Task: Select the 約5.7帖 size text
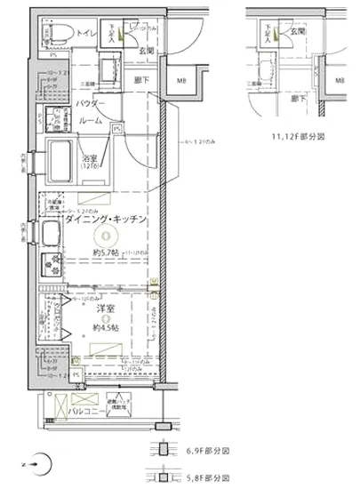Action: pos(105,253)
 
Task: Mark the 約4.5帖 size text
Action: pos(105,328)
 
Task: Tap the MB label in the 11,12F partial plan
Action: pos(340,80)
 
